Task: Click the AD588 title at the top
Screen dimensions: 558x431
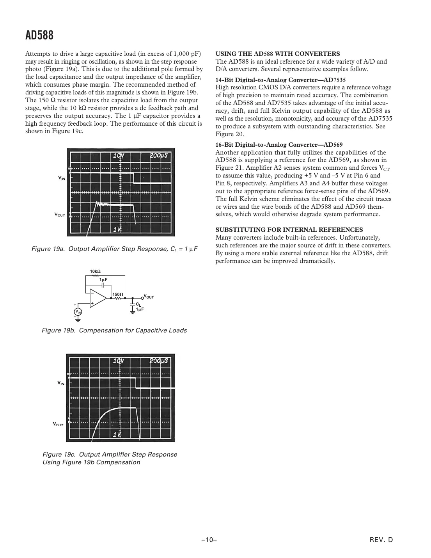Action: (39, 36)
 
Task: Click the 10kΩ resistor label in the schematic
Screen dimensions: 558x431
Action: (95, 271)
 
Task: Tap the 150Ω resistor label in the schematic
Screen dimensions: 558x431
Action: (118, 294)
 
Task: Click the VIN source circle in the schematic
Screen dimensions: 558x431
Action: (78, 311)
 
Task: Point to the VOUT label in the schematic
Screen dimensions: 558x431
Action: (149, 297)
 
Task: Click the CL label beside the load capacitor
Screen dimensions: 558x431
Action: (138, 304)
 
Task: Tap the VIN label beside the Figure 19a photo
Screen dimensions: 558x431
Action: (62, 178)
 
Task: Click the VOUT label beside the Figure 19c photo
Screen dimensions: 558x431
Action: (58, 424)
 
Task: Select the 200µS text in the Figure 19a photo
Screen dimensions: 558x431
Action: (159, 155)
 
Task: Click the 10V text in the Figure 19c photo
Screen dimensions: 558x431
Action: (119, 361)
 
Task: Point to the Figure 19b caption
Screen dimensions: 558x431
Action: (114, 331)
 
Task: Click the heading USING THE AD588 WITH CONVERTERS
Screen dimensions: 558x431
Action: (277, 54)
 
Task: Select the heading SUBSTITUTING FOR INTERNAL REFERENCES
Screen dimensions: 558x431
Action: (289, 230)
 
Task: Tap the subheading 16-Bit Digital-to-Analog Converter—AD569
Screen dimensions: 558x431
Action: (279, 145)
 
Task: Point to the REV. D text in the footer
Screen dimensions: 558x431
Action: (381, 540)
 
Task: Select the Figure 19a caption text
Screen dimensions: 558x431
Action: (114, 249)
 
